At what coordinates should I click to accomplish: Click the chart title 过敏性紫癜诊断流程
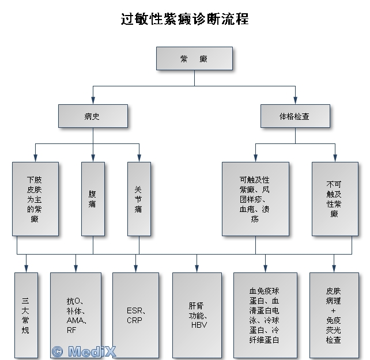[185, 20]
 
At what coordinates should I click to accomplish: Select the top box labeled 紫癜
[194, 59]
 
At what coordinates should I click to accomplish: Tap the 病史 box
[92, 116]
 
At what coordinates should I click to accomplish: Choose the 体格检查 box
[295, 116]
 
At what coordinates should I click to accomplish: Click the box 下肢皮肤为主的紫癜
[35, 199]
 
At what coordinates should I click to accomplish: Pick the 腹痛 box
[93, 199]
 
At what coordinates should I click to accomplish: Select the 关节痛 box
[139, 199]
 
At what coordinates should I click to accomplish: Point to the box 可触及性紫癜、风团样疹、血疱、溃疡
[255, 199]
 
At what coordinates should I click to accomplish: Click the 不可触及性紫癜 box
[335, 199]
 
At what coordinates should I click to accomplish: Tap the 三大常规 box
[26, 315]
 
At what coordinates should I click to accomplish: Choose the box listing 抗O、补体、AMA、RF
[75, 315]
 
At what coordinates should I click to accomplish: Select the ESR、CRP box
[135, 315]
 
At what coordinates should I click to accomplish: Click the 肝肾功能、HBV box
[197, 315]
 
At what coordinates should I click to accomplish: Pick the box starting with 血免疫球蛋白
[265, 315]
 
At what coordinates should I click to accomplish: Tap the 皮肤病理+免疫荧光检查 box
[334, 315]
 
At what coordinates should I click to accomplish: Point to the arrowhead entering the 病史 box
[93, 101]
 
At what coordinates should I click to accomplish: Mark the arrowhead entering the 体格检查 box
[295, 101]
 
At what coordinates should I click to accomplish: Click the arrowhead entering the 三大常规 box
[26, 269]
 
